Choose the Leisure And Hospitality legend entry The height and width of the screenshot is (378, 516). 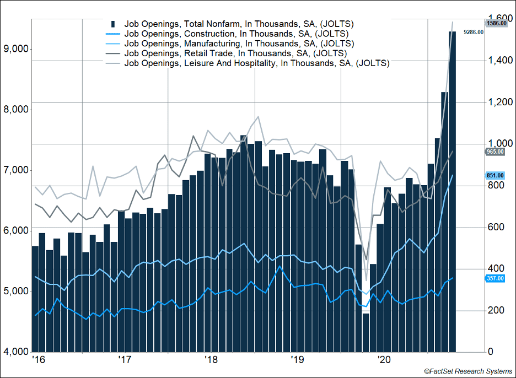coord(257,63)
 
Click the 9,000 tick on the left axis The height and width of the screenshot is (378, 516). coord(15,49)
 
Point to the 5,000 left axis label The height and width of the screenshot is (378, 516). coord(15,291)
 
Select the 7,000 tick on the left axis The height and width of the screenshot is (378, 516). coord(15,170)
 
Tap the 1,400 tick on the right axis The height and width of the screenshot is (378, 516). coord(499,61)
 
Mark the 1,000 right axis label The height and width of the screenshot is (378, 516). coord(499,144)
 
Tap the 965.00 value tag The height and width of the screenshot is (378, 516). coord(495,151)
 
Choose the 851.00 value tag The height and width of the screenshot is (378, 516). coord(495,175)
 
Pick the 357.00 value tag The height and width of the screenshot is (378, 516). coord(495,278)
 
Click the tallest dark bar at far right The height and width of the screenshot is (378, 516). coord(452,193)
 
